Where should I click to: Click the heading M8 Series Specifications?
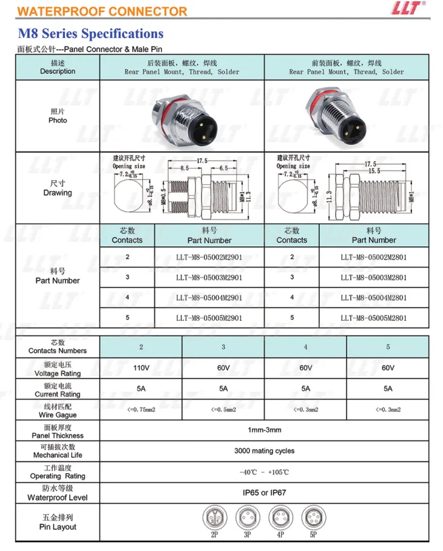pyautogui.click(x=91, y=33)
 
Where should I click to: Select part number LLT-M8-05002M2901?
pyautogui.click(x=209, y=257)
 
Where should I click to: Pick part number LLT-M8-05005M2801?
pyautogui.click(x=373, y=317)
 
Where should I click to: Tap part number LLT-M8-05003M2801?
pyautogui.click(x=373, y=277)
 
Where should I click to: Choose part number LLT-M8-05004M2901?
pyautogui.click(x=209, y=297)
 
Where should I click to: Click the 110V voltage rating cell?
pyautogui.click(x=141, y=368)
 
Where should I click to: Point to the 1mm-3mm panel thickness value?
pyautogui.click(x=264, y=430)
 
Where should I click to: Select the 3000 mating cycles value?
pyautogui.click(x=264, y=451)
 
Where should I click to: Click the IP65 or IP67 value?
pyautogui.click(x=264, y=492)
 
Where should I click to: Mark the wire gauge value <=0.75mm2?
pyautogui.click(x=141, y=410)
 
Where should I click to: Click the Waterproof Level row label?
pyautogui.click(x=58, y=493)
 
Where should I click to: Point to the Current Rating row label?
pyautogui.click(x=58, y=389)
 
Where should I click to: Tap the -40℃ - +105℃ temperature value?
pyautogui.click(x=264, y=472)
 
